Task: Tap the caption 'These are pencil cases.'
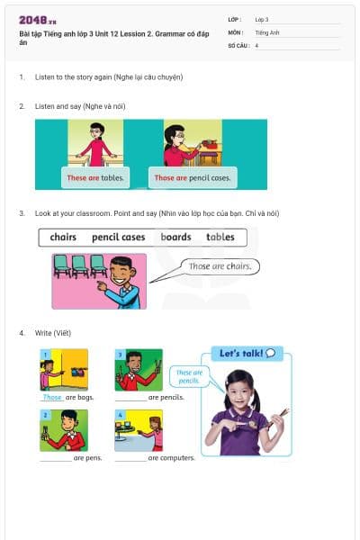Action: (193, 178)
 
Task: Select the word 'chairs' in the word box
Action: (63, 238)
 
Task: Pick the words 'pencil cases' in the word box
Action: (118, 238)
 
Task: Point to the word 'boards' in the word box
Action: (175, 238)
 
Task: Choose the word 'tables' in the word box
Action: (220, 238)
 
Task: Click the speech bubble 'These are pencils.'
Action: (189, 377)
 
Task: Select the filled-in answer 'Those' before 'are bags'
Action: (52, 397)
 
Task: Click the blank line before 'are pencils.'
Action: (130, 398)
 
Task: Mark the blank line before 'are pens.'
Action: (56, 458)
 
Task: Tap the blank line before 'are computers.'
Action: (130, 458)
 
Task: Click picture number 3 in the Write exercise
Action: (139, 369)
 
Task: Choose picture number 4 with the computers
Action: (139, 429)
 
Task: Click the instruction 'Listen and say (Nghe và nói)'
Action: (80, 106)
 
